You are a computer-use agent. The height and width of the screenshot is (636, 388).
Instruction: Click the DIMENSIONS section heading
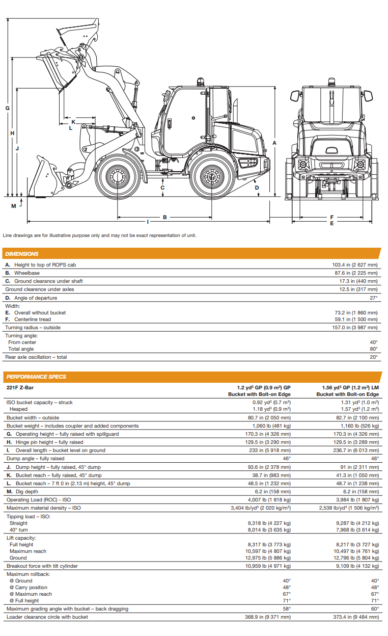point(22,254)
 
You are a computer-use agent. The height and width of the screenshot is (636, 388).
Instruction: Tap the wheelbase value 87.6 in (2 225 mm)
point(355,273)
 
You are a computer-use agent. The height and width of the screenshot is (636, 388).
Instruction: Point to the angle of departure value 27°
point(373,298)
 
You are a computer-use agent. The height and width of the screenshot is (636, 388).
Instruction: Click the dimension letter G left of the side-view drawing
point(7,108)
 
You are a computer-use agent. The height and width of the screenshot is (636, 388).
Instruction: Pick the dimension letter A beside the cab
point(274,143)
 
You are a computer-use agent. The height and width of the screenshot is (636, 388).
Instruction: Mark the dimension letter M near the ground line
point(14,206)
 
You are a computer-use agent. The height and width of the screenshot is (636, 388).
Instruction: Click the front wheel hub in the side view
point(117,177)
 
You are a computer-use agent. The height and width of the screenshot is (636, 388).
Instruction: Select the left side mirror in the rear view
point(294,96)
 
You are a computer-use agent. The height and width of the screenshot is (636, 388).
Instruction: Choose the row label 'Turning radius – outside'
point(33,328)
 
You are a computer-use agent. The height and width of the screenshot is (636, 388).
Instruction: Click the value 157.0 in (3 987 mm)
point(355,328)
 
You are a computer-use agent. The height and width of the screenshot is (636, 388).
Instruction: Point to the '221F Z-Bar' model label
point(20,387)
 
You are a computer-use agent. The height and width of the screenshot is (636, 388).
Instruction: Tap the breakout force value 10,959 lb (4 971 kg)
point(268,566)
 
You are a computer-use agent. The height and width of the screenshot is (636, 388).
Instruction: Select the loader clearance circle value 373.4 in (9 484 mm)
point(354,617)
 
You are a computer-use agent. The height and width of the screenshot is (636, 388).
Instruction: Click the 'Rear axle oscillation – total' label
point(36,357)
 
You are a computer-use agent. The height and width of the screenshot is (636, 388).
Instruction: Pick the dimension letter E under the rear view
point(331,223)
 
